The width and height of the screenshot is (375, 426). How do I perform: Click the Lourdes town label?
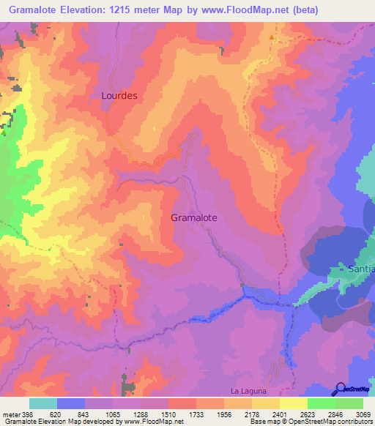[119, 95]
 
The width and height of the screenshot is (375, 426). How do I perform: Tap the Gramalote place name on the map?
[193, 217]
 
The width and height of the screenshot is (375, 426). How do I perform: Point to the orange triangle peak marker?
[272, 36]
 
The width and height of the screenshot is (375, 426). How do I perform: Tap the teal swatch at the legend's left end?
[43, 403]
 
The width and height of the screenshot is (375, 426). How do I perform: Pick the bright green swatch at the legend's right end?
[349, 403]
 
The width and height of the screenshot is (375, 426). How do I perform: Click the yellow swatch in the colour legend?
[293, 403]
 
